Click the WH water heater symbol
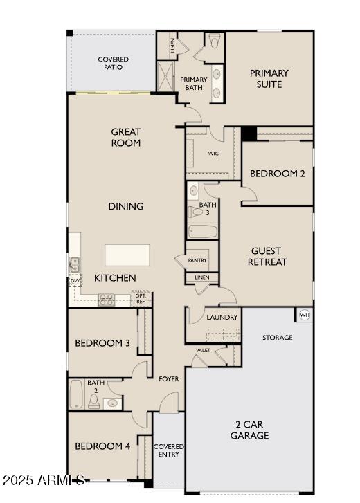click(304, 315)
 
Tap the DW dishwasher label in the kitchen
click(74, 280)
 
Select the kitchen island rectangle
click(127, 255)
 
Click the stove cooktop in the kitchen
click(107, 300)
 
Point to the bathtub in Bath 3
click(202, 231)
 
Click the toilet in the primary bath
click(215, 41)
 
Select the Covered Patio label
click(113, 64)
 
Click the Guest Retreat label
click(269, 257)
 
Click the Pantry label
click(197, 260)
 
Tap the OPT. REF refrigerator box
click(140, 299)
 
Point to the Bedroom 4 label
click(102, 446)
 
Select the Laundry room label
click(222, 317)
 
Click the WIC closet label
click(213, 154)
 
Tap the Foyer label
click(169, 379)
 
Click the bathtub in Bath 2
click(77, 394)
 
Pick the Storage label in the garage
click(277, 338)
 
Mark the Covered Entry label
click(168, 450)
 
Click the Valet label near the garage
click(203, 350)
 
